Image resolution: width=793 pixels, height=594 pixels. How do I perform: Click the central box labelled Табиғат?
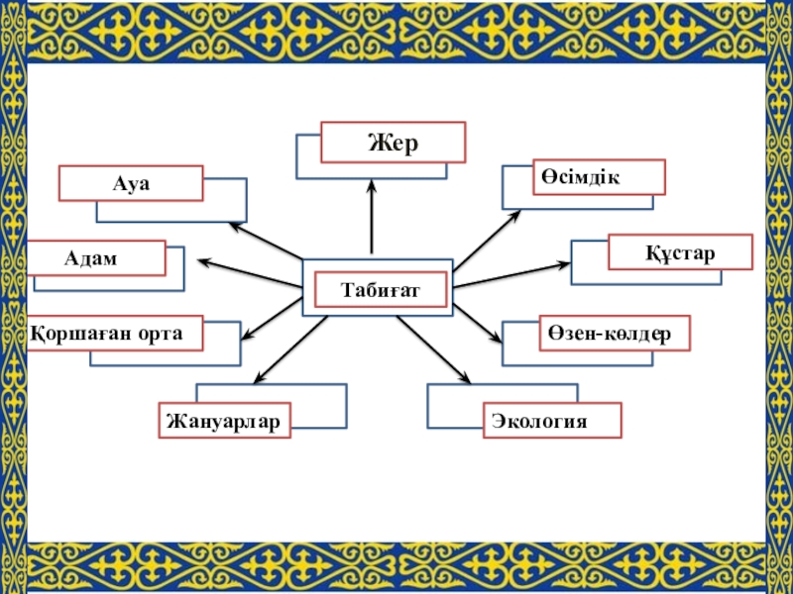(381, 290)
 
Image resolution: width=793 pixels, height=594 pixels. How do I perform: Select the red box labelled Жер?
(394, 142)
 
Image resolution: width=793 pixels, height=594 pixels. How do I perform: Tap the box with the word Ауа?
(131, 183)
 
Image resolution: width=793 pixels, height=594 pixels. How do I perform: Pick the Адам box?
(96, 257)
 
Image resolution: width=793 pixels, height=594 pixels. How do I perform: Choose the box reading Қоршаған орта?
(115, 334)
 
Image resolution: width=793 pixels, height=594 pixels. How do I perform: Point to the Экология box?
(552, 421)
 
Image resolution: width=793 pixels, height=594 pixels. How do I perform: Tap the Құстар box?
(680, 251)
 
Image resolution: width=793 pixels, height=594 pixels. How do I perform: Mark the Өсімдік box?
(599, 176)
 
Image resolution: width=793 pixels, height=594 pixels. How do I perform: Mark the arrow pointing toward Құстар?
(511, 274)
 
